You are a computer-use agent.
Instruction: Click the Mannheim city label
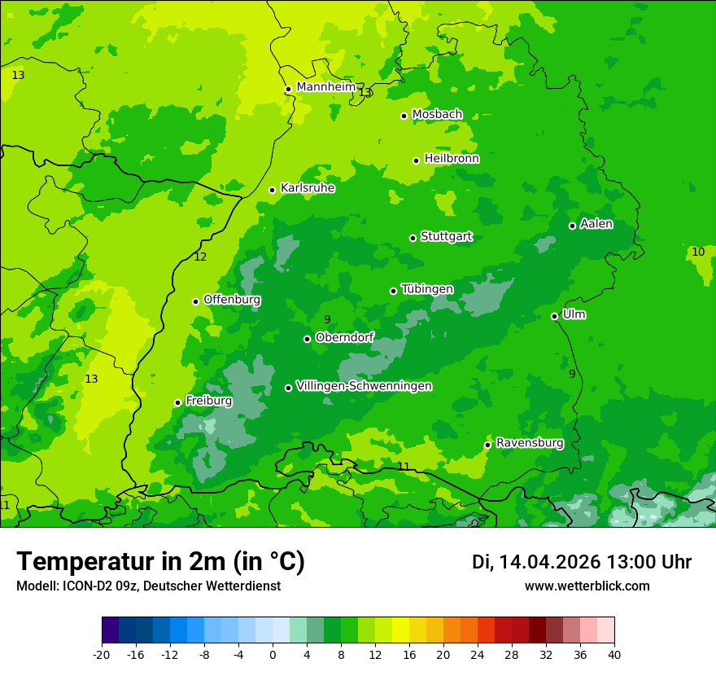pyautogui.click(x=325, y=87)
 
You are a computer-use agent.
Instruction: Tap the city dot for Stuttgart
pyautogui.click(x=413, y=238)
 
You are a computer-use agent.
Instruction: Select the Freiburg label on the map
pyautogui.click(x=208, y=401)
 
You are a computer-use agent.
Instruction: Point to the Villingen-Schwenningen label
pyautogui.click(x=364, y=386)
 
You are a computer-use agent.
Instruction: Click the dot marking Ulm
pyautogui.click(x=554, y=316)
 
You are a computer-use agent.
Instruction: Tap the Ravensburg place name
pyautogui.click(x=529, y=443)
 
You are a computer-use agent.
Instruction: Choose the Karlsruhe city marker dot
pyautogui.click(x=272, y=191)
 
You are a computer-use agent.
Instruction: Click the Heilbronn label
pyautogui.click(x=451, y=159)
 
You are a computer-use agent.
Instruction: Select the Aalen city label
pyautogui.click(x=596, y=224)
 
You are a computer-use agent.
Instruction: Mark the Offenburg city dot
pyautogui.click(x=195, y=301)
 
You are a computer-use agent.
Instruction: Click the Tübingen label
pyautogui.click(x=426, y=289)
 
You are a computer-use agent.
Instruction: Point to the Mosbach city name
pyautogui.click(x=436, y=114)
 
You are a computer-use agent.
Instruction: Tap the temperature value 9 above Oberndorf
pyautogui.click(x=327, y=319)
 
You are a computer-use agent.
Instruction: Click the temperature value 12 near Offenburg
pyautogui.click(x=200, y=257)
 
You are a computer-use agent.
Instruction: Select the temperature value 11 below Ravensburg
pyautogui.click(x=404, y=467)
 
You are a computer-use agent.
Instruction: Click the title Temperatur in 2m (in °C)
pyautogui.click(x=160, y=561)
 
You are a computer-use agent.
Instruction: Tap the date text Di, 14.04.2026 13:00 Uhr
pyautogui.click(x=581, y=562)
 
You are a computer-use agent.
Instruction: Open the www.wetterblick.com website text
pyautogui.click(x=587, y=586)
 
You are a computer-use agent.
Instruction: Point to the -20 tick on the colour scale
pyautogui.click(x=102, y=654)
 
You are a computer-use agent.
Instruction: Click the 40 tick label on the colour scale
pyautogui.click(x=614, y=654)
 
